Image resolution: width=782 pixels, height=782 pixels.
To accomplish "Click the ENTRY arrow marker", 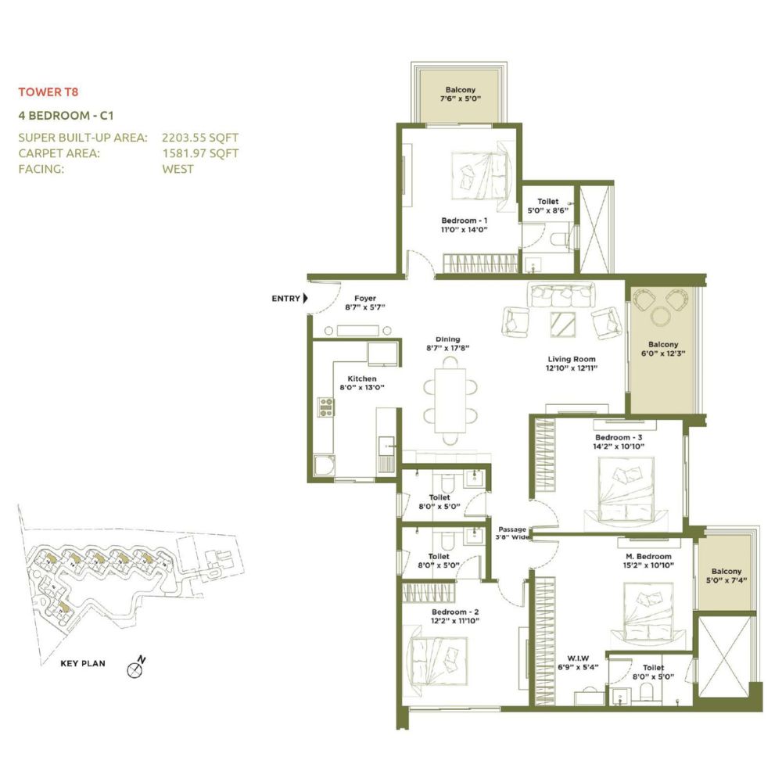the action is pos(306,298).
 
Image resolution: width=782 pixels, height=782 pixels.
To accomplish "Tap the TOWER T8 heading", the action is pos(48,91).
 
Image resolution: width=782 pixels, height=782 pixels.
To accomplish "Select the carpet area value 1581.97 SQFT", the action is pos(200,153).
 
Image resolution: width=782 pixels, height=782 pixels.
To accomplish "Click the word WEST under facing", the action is pos(178,169).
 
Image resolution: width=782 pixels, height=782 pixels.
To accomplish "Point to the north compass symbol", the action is pos(136,667).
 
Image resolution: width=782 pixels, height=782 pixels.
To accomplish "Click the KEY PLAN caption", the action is pos(83,663).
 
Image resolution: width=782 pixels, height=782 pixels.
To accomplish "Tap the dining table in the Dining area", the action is pos(450,401).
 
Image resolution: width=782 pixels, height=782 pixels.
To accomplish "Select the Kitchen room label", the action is pos(362,378).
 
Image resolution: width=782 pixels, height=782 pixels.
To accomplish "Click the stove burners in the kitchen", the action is pos(326,407).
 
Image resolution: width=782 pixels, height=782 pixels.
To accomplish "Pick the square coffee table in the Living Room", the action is pos(563,325).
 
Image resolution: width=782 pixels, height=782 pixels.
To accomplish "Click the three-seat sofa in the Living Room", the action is pos(562,295).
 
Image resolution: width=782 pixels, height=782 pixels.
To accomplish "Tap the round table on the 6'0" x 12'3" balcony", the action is pos(661,316).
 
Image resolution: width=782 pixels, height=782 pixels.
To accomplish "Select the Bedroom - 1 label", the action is pos(465,221).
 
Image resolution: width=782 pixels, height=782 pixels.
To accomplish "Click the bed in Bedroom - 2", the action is pos(438,662).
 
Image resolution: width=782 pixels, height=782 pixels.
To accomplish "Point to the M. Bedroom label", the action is pos(648,556).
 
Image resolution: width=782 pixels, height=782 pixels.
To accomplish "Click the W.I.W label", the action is pos(578,658).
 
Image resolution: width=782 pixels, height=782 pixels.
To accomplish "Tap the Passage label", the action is pos(512,529).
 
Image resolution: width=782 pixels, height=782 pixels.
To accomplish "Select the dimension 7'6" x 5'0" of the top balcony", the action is pos(461,99).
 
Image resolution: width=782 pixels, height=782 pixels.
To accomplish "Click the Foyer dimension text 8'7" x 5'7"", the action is pos(365,307).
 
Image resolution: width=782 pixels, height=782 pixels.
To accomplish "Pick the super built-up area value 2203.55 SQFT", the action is pos(200,137).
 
